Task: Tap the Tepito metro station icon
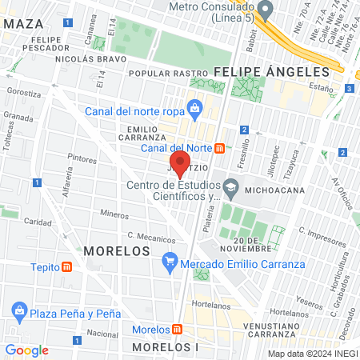click(66, 267)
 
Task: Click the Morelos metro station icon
click(175, 330)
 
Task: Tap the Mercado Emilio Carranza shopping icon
click(169, 262)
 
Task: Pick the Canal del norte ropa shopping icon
click(194, 107)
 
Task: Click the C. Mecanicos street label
click(151, 238)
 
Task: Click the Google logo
click(26, 350)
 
